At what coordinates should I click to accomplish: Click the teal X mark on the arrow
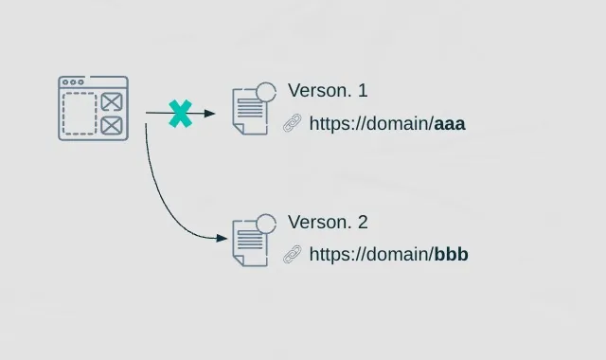pos(181,114)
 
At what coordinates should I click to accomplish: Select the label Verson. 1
pos(328,91)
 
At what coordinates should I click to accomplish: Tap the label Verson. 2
pos(328,222)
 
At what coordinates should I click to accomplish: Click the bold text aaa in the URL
pos(450,124)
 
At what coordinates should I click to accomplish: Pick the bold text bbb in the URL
pos(451,255)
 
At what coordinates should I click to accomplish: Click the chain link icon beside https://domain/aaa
pos(293,123)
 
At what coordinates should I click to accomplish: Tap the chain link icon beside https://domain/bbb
pos(293,255)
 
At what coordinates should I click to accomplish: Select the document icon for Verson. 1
pos(254,109)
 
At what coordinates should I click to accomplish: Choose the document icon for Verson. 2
pos(254,240)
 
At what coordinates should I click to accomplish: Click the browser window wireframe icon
pos(93,108)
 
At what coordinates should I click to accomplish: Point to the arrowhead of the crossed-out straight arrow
pos(210,114)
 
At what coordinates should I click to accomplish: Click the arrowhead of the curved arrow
pos(222,238)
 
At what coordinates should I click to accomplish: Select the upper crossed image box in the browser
pos(112,102)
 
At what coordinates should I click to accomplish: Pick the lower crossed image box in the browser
pos(112,126)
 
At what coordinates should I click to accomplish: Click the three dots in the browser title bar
pos(73,82)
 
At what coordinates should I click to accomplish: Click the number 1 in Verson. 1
pos(363,91)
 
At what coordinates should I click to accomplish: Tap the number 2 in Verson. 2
pos(363,222)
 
